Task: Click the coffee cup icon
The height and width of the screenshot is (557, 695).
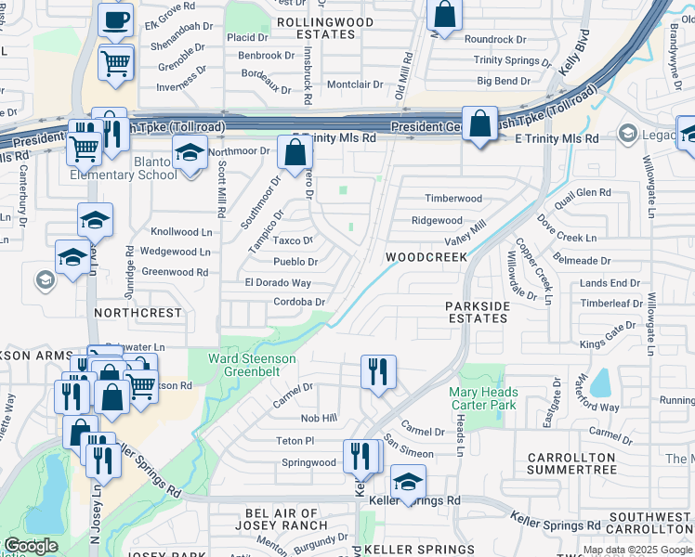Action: pos(115,19)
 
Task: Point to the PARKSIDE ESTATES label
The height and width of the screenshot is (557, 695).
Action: pos(477,312)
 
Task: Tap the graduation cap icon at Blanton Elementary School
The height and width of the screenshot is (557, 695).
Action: pos(189,153)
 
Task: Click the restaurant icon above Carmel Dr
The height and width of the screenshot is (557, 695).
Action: pos(378,371)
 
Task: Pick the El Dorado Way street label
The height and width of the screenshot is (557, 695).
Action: pos(277,282)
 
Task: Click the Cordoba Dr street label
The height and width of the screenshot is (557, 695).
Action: pos(299,302)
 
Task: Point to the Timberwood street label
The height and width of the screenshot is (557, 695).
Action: pos(453,199)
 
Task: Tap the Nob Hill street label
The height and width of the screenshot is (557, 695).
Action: pos(318,420)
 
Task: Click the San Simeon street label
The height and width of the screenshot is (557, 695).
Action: pos(409,451)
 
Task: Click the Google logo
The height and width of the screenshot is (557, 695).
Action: pos(31,546)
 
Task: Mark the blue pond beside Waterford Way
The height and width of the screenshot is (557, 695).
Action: pos(599,382)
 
